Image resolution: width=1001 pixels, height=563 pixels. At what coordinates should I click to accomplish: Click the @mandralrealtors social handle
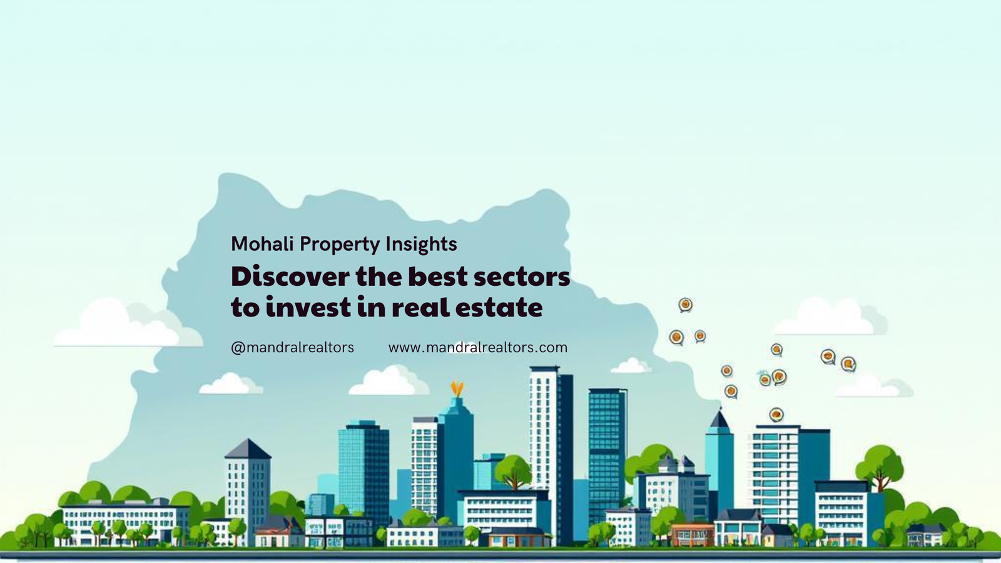[x=292, y=347]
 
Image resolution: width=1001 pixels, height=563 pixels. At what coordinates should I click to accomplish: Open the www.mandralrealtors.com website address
[x=477, y=347]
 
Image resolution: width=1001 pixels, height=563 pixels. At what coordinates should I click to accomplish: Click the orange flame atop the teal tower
[x=457, y=388]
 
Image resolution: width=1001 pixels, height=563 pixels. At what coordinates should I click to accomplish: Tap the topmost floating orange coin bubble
[x=685, y=305]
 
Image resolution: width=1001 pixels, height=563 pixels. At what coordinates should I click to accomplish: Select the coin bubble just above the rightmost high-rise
[x=776, y=414]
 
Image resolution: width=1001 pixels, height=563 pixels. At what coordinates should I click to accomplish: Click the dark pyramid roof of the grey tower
[x=248, y=449]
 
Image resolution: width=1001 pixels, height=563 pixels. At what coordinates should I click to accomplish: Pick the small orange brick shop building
[x=692, y=534]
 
